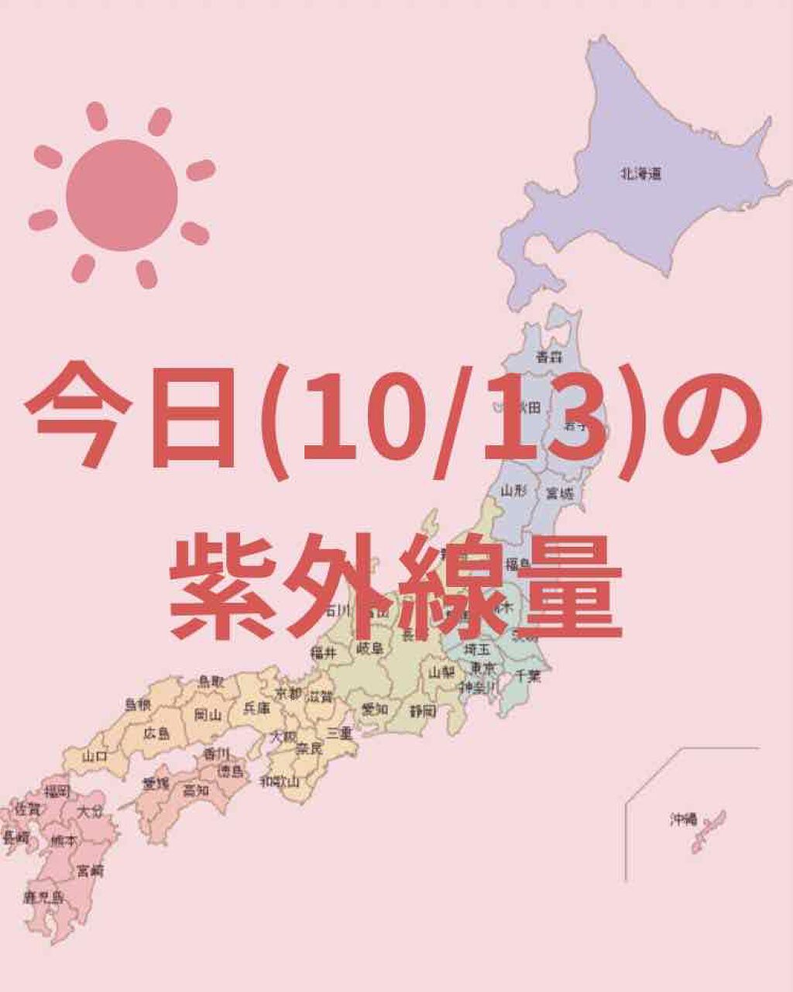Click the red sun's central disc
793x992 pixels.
pyautogui.click(x=122, y=195)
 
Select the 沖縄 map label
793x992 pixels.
pyautogui.click(x=684, y=819)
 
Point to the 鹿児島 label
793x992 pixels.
pyautogui.click(x=43, y=898)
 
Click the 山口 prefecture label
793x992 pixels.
pyautogui.click(x=94, y=756)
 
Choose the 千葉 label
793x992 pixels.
pyautogui.click(x=529, y=675)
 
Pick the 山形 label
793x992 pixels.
pyautogui.click(x=513, y=490)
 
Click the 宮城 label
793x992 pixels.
pyautogui.click(x=560, y=493)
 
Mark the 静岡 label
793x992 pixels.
pyautogui.click(x=423, y=710)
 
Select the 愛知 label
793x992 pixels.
pyautogui.click(x=375, y=709)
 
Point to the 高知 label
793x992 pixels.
pyautogui.click(x=196, y=790)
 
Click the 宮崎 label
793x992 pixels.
pyautogui.click(x=91, y=870)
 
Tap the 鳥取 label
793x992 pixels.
pyautogui.click(x=211, y=681)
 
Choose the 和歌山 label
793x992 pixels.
pyautogui.click(x=280, y=781)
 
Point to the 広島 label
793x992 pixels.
pyautogui.click(x=156, y=733)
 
